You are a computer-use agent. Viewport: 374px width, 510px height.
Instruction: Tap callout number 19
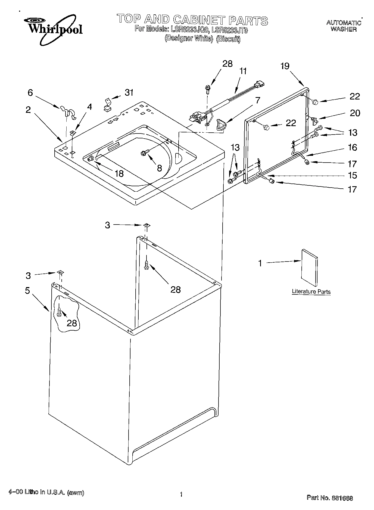pyautogui.click(x=285, y=66)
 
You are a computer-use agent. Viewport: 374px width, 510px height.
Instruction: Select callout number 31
pyautogui.click(x=129, y=93)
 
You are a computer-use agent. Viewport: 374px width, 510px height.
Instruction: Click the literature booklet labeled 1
pyautogui.click(x=309, y=268)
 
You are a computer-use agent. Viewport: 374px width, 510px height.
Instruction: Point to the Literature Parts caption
pyautogui.click(x=311, y=292)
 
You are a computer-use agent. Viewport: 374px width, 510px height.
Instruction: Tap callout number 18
pyautogui.click(x=119, y=173)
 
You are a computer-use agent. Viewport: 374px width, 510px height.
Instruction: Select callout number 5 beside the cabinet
pyautogui.click(x=27, y=291)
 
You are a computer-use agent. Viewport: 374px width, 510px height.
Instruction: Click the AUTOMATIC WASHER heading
pyautogui.click(x=344, y=26)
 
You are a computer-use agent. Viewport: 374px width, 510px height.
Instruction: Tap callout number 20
pyautogui.click(x=355, y=113)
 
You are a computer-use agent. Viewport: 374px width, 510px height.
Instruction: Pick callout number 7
pyautogui.click(x=257, y=100)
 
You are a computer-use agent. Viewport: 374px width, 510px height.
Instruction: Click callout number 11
pyautogui.click(x=243, y=71)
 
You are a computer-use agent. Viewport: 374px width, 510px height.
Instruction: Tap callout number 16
pyautogui.click(x=352, y=148)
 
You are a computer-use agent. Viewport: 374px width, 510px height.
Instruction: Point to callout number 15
pyautogui.click(x=352, y=175)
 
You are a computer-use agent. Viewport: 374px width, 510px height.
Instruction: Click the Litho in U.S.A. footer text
pyautogui.click(x=46, y=492)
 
